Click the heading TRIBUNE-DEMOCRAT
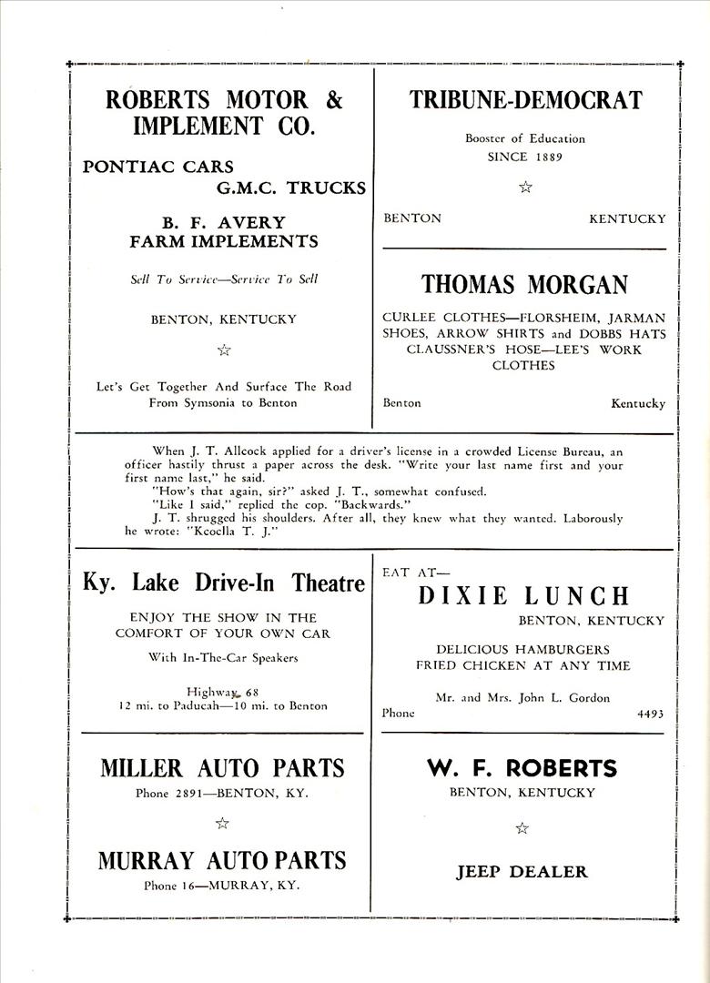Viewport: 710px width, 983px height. point(525,100)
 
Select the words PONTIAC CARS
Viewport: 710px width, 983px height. point(158,167)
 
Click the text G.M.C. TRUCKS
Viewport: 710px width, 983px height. point(290,188)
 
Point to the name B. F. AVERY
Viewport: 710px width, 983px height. point(224,222)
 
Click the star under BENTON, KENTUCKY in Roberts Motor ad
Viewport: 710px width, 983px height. point(224,350)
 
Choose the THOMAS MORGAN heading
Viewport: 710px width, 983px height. point(524,285)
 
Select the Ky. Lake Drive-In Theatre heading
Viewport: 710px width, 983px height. point(224,583)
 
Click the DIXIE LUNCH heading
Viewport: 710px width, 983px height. point(523,596)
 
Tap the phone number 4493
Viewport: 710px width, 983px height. point(650,714)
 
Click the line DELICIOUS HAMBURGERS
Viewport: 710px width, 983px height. point(522,649)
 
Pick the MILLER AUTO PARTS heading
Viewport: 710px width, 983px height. point(223,768)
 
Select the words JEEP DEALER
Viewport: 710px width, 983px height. point(522,872)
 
